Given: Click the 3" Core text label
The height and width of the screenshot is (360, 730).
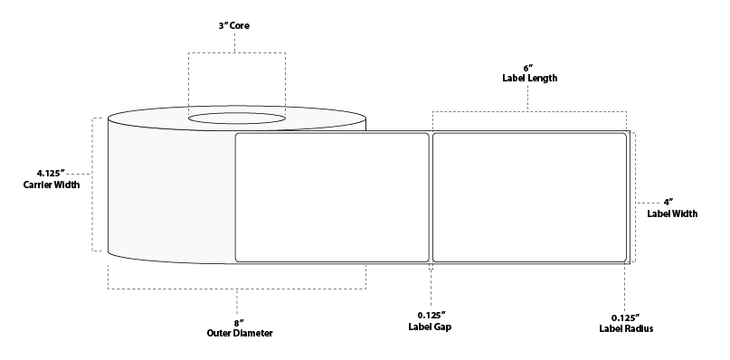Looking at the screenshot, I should tap(235, 26).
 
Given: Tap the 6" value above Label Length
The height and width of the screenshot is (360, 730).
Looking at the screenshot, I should tap(529, 66).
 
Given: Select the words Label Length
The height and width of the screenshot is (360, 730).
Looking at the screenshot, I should tap(529, 79).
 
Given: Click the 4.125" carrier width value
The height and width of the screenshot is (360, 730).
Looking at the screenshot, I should tap(52, 172).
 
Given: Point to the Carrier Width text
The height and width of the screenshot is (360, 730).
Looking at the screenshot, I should tap(52, 185).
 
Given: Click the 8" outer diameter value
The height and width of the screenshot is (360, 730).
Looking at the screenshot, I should tap(238, 321).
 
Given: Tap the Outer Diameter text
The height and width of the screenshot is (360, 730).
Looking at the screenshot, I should tap(238, 334).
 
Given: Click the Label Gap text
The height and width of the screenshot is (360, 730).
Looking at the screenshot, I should tap(431, 327).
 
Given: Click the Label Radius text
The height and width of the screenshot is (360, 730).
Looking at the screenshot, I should tap(625, 327).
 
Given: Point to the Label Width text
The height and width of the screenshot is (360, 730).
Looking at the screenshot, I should tap(671, 213).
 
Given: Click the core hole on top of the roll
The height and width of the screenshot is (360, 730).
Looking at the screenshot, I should tap(237, 118).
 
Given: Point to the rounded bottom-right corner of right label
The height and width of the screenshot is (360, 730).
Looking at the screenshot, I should tap(624, 260).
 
